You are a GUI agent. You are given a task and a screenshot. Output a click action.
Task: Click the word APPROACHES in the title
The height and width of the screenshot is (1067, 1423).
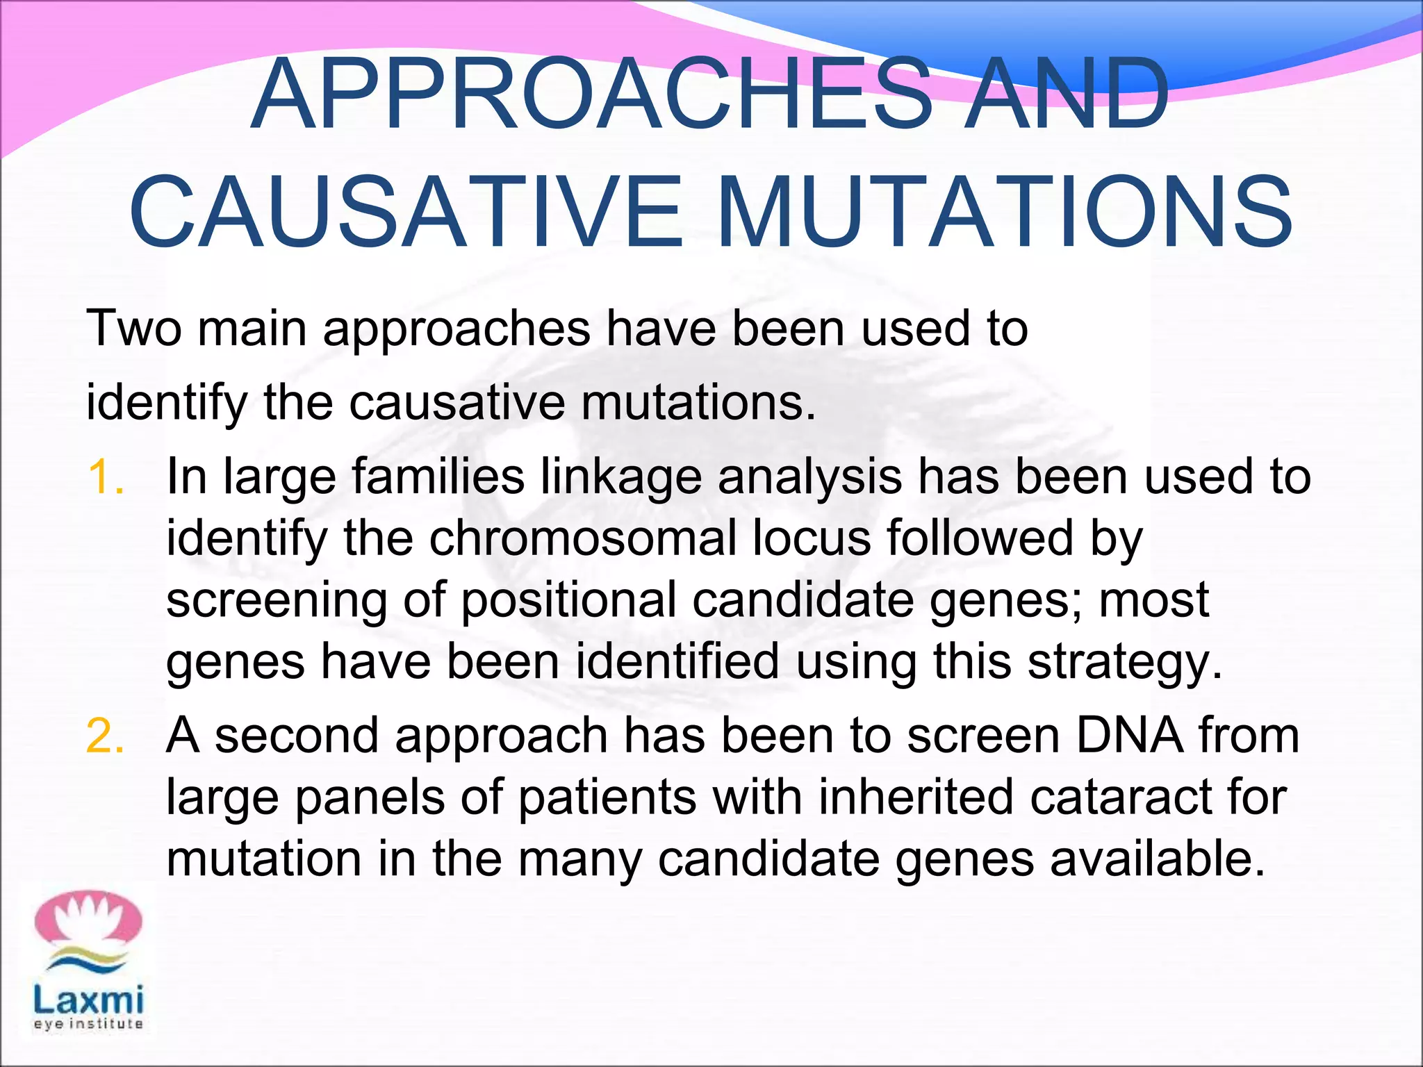point(591,94)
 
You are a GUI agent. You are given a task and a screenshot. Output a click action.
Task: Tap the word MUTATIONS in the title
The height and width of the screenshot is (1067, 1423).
point(1004,212)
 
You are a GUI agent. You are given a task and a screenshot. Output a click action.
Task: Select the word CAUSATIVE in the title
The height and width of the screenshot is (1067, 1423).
point(406,212)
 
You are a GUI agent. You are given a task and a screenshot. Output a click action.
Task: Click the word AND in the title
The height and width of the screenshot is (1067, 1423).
point(1067,94)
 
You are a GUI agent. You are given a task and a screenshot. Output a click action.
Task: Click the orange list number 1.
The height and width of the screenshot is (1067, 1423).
point(106,478)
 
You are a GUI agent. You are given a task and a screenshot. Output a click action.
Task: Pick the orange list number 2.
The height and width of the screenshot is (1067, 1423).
point(106,736)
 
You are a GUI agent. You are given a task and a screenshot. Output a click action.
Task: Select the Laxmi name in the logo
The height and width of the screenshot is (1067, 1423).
point(88,1000)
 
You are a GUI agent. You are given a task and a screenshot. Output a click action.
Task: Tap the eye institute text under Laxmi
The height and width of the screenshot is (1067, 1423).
point(88,1024)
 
